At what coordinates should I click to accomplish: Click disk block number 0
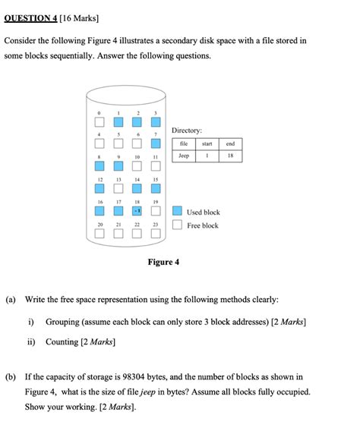tap(99, 121)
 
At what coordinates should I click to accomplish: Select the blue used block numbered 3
tap(156, 121)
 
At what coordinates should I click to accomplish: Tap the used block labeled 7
tap(156, 143)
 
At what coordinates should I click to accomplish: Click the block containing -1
tap(137, 210)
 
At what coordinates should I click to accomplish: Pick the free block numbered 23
tap(156, 233)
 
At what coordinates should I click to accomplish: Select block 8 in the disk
tap(99, 165)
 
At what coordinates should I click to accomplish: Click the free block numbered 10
tap(137, 165)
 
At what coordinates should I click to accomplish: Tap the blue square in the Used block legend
tap(177, 212)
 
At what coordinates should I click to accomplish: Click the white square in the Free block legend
tap(177, 225)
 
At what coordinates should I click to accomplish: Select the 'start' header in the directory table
tap(207, 143)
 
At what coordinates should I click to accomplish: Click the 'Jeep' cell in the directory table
tap(183, 156)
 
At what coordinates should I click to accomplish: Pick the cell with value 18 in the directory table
tap(231, 156)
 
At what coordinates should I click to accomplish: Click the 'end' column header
tap(231, 143)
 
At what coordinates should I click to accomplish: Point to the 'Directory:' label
tap(187, 131)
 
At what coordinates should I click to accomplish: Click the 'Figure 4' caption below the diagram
tap(163, 263)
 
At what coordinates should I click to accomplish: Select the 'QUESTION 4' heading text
tap(35, 16)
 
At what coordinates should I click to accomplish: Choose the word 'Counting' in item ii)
tap(62, 342)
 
